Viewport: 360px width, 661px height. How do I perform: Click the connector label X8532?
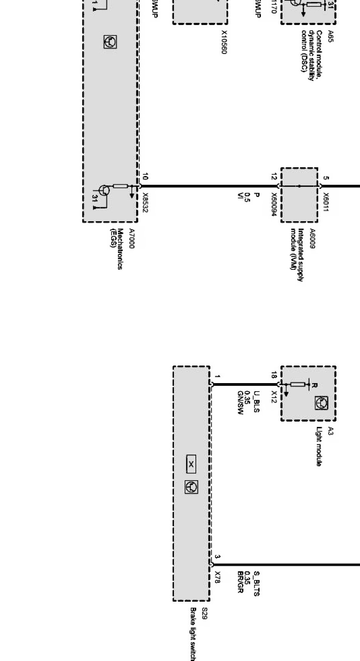click(146, 203)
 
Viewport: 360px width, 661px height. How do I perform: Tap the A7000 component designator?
click(131, 239)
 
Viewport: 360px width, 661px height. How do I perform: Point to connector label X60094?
click(274, 205)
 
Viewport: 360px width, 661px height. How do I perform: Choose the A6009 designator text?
click(312, 239)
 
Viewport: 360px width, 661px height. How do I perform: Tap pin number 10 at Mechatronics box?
click(145, 177)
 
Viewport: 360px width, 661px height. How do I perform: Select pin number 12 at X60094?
click(274, 177)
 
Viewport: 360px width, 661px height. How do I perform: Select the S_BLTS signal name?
click(257, 582)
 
